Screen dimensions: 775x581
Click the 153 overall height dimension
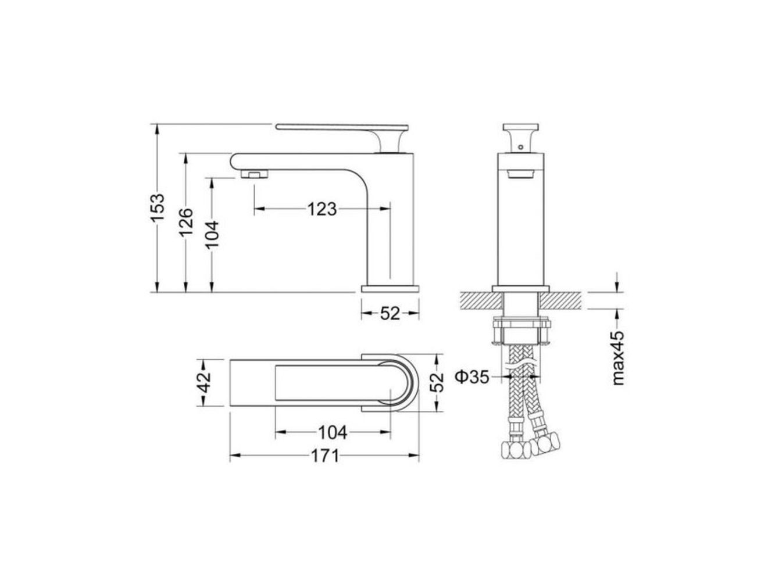pyautogui.click(x=158, y=207)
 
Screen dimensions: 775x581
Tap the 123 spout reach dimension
pyautogui.click(x=322, y=209)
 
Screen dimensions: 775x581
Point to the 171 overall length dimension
pyautogui.click(x=324, y=456)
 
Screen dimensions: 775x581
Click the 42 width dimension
pyautogui.click(x=205, y=382)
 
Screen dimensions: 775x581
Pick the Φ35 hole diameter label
pyautogui.click(x=472, y=377)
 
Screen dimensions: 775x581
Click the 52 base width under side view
pyautogui.click(x=390, y=313)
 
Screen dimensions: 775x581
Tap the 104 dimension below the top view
pyautogui.click(x=333, y=432)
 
